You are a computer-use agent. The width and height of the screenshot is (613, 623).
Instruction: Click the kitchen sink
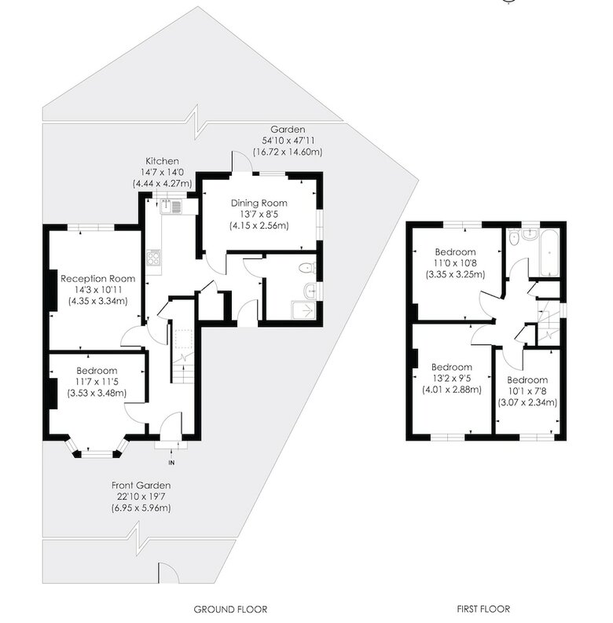point(171,207)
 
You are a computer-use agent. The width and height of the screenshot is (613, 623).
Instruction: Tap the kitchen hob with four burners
point(154,258)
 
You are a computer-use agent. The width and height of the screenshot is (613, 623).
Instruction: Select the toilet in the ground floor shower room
point(308,268)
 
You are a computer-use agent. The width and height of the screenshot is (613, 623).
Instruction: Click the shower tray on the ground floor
point(304,310)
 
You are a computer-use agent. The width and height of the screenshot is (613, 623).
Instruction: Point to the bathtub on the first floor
point(549,253)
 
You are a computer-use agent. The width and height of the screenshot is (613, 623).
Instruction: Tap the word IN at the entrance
point(172,463)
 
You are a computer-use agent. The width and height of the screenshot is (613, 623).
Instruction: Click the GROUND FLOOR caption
point(230,609)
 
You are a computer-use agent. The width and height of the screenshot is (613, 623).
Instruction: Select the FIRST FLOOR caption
point(483,609)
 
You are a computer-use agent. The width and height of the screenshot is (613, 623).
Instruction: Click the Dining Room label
point(259,203)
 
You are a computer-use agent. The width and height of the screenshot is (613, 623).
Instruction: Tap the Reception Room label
point(97,279)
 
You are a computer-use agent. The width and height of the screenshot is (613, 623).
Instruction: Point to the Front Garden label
point(141,486)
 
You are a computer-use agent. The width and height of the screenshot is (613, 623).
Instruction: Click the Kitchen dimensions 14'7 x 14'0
point(162,172)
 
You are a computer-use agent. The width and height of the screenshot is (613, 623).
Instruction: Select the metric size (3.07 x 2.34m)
point(527,402)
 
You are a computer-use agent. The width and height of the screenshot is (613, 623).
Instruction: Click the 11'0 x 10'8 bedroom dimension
point(456,263)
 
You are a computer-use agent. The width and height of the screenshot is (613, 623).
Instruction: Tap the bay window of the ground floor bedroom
point(97,448)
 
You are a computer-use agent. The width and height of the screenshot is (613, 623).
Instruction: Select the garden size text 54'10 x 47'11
point(288,141)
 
